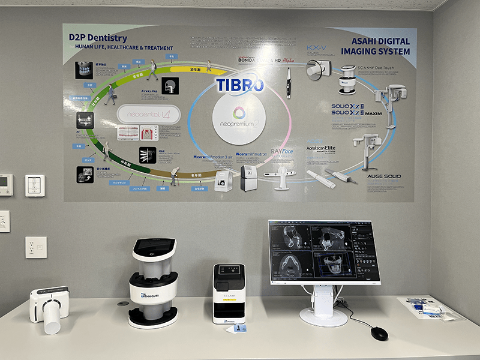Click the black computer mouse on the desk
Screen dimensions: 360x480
tap(379, 332)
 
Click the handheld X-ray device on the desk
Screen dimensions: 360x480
tap(49, 306)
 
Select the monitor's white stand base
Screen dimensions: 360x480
tap(323, 314)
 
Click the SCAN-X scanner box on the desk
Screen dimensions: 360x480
tap(229, 293)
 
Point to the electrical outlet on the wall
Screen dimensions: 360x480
tap(36, 247)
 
